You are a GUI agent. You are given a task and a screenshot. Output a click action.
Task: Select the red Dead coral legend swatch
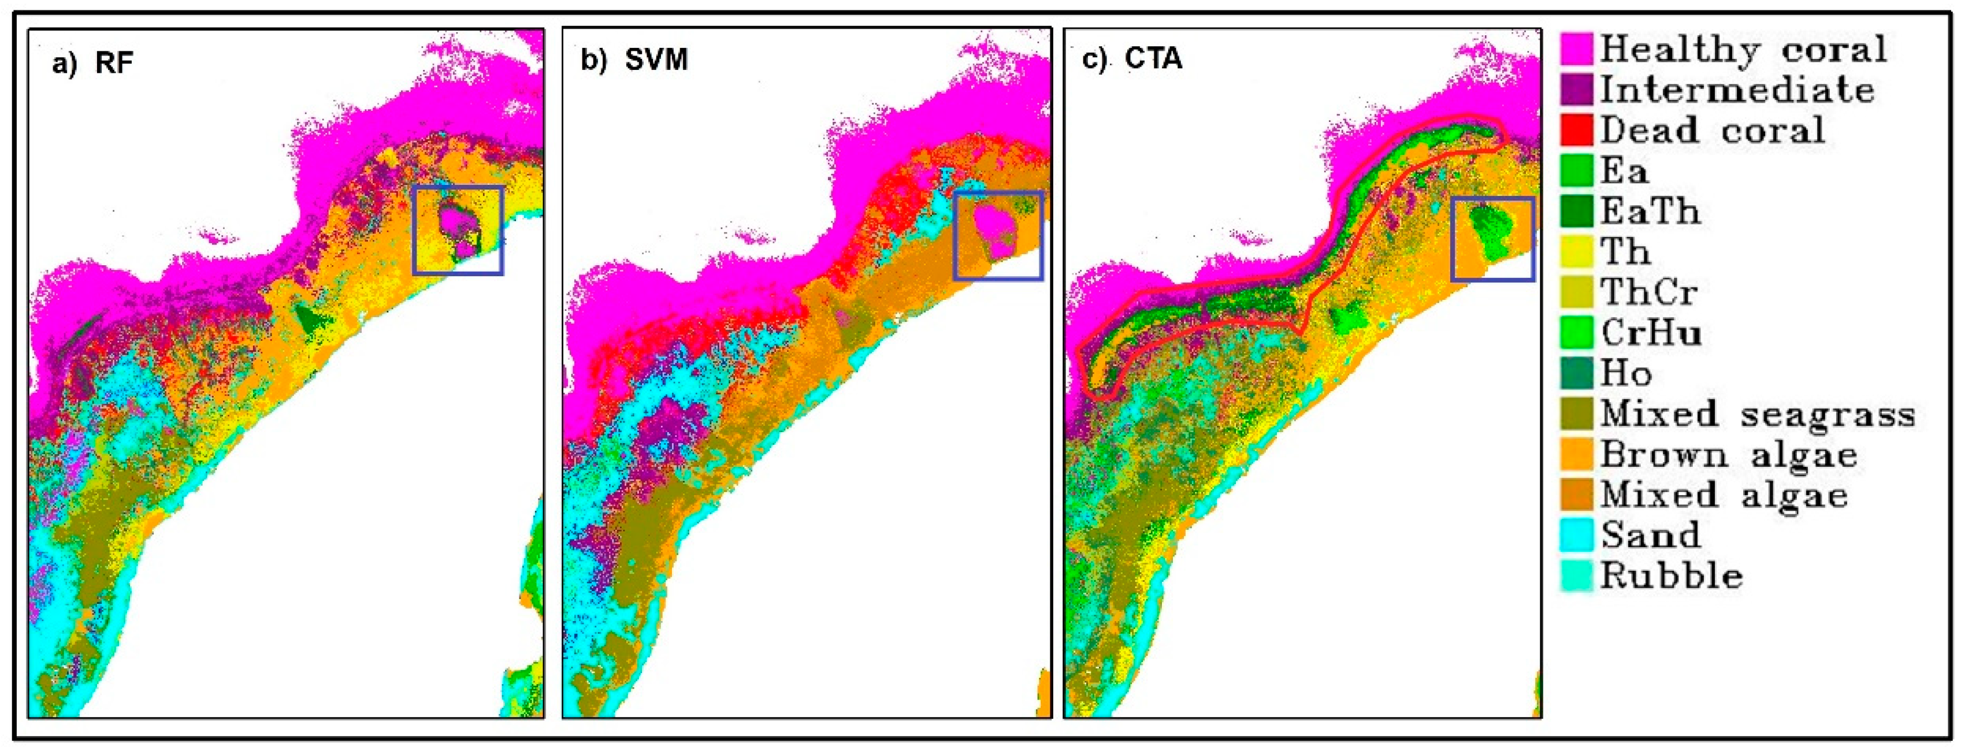[x=1577, y=130]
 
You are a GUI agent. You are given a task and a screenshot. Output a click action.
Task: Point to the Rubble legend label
[x=1671, y=576]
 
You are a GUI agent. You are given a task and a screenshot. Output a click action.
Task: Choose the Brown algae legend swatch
[x=1577, y=455]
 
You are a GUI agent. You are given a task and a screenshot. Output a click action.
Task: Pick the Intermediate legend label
[x=1736, y=90]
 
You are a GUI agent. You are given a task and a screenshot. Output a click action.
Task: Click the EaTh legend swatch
[x=1577, y=211]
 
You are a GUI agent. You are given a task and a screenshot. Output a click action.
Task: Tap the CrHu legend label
[x=1650, y=333]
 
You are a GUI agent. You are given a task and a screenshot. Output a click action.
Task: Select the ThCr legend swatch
[x=1577, y=292]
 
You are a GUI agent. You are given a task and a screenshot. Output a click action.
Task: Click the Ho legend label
[x=1626, y=373]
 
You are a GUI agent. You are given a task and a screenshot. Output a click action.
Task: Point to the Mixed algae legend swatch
[x=1577, y=495]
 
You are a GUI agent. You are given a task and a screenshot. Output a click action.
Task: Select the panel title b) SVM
[x=634, y=60]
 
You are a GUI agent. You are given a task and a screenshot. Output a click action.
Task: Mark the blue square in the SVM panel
[x=998, y=193]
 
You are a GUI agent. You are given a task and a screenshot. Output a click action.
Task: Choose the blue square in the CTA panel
[x=1492, y=199]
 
